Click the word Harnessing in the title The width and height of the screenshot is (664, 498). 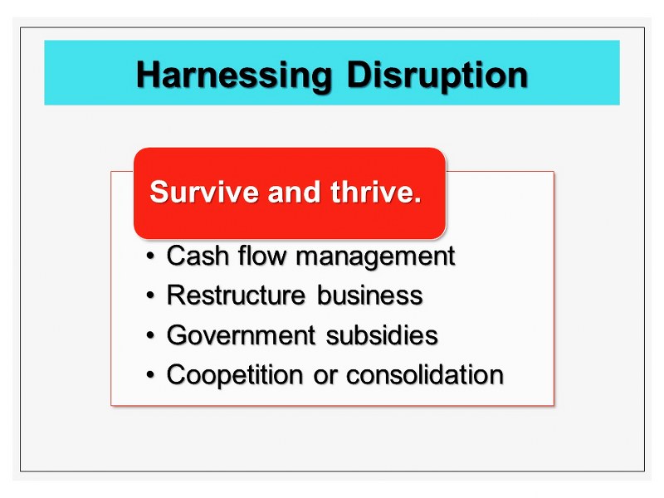[233, 76]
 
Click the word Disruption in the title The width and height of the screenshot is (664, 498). [437, 76]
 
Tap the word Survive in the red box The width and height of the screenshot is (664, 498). [203, 192]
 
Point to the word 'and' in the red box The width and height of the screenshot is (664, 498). [294, 192]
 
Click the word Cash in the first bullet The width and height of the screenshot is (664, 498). [198, 256]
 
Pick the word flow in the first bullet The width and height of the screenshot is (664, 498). [261, 256]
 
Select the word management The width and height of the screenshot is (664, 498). [375, 257]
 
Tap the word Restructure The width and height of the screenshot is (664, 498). [236, 295]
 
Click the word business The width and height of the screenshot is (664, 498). [369, 295]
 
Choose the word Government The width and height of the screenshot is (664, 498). [241, 335]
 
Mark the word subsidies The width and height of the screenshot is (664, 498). [382, 335]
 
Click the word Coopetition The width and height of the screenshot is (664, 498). [235, 376]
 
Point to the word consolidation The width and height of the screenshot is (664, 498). [425, 375]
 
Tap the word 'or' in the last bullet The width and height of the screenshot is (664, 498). [325, 378]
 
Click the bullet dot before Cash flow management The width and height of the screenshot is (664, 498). [150, 256]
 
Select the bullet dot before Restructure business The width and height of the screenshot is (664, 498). [150, 295]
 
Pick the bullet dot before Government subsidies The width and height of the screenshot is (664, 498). [150, 335]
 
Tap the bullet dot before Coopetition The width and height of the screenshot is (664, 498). [150, 375]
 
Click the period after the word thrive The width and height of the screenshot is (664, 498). [417, 200]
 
